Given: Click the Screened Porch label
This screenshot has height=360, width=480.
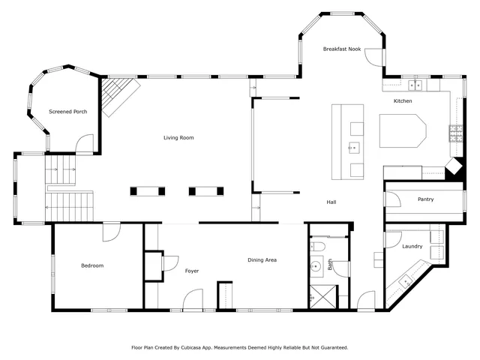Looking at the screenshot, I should click(68, 112).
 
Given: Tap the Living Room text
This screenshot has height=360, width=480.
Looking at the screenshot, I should click(179, 137).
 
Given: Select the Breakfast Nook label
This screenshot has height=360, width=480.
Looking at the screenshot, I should click(342, 49).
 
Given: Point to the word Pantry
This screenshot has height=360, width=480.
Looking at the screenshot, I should click(426, 199).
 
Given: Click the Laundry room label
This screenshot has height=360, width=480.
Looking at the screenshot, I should click(412, 246).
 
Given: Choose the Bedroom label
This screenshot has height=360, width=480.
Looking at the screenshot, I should click(92, 265).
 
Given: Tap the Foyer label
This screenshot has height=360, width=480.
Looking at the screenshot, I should click(191, 270).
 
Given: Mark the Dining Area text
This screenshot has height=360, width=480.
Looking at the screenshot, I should click(262, 260).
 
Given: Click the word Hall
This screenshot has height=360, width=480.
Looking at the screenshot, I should click(331, 202).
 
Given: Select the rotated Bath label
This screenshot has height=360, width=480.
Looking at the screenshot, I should click(329, 265).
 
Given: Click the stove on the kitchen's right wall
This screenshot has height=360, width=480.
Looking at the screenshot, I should click(455, 133).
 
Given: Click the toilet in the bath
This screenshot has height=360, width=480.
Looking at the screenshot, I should click(317, 246).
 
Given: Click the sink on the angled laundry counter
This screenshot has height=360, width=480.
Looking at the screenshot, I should click(406, 282).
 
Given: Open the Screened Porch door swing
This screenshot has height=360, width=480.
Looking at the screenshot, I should click(85, 144).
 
